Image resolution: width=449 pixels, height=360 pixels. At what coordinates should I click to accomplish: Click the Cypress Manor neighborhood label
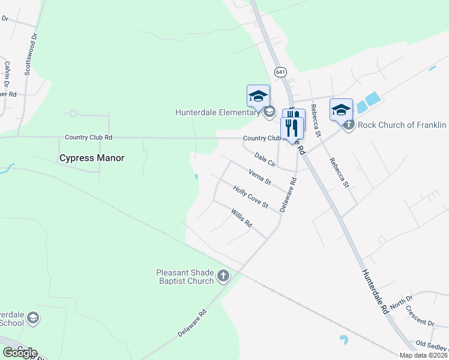tap(91, 158)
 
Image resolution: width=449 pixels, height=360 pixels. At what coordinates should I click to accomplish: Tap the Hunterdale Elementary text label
tap(218, 112)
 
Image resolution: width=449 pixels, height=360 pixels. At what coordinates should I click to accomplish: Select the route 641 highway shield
tap(280, 72)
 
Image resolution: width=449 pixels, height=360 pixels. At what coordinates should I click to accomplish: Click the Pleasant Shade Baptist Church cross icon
tap(223, 276)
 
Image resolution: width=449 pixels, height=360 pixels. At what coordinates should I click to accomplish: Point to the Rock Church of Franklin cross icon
tap(348, 125)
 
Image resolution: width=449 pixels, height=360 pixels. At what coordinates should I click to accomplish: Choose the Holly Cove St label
tap(250, 197)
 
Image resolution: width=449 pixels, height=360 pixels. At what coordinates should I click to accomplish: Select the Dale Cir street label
tap(264, 159)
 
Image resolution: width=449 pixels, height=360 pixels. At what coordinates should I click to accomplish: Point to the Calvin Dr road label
tap(8, 73)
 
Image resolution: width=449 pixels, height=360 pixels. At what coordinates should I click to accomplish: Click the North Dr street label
tap(402, 302)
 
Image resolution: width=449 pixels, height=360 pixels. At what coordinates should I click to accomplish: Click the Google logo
tap(19, 353)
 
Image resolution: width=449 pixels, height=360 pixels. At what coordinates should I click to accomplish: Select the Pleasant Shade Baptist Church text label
tap(184, 277)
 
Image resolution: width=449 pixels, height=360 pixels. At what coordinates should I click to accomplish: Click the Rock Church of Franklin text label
tap(402, 125)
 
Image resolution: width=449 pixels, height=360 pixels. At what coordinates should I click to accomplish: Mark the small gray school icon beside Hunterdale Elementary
tap(269, 112)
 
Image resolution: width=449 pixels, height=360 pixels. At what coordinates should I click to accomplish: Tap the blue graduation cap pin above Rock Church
tap(341, 110)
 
